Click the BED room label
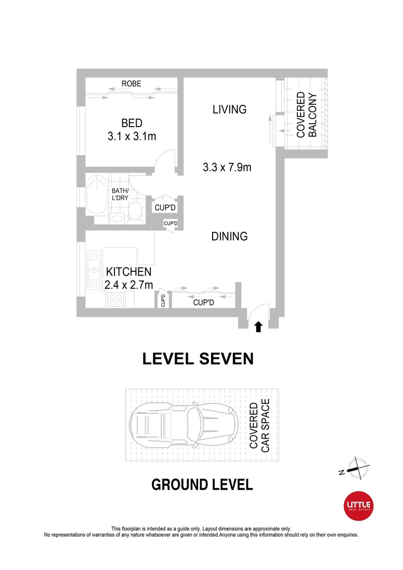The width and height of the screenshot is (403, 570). [131, 123]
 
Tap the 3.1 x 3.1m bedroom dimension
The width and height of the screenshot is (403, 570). [131, 136]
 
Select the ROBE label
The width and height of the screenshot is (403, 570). [131, 84]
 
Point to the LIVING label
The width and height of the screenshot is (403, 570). [229, 109]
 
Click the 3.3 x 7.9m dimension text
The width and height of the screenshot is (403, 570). [227, 168]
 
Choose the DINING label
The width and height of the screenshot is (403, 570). [229, 236]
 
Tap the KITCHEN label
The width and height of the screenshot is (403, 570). [129, 272]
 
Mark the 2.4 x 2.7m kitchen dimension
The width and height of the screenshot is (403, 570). [129, 285]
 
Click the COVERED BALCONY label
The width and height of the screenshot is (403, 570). [306, 115]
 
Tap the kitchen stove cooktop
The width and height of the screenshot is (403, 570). [115, 300]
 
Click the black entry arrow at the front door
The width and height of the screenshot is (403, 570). [258, 327]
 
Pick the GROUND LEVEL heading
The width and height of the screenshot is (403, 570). [202, 484]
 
